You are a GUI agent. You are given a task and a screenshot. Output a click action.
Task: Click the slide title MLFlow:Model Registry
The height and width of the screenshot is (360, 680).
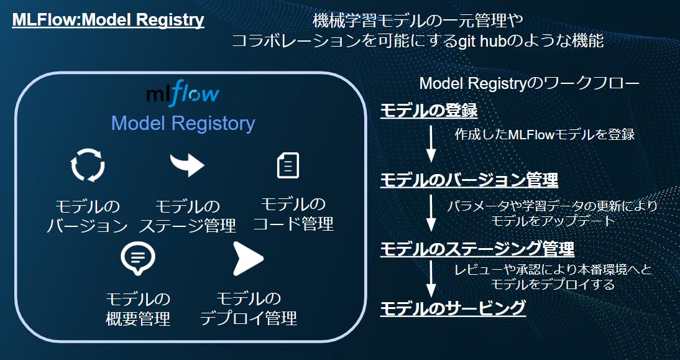click(108, 20)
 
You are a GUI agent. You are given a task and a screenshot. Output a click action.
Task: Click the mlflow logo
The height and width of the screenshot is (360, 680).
click(183, 95)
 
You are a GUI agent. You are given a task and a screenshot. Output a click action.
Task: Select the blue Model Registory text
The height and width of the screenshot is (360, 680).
click(183, 124)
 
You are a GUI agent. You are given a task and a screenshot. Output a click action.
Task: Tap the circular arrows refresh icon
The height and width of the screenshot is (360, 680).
click(88, 165)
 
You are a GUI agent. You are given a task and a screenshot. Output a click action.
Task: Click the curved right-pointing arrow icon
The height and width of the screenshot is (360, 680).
click(187, 164)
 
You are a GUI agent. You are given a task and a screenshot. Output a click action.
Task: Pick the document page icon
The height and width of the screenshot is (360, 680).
click(288, 165)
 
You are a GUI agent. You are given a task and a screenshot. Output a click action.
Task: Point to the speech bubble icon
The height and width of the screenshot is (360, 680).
click(138, 259)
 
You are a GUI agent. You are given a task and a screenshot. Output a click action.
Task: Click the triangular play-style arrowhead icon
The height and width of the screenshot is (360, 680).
click(248, 259)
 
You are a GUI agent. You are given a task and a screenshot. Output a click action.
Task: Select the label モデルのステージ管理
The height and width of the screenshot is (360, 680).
click(187, 216)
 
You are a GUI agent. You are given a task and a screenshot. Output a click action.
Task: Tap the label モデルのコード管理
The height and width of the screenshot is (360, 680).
click(293, 215)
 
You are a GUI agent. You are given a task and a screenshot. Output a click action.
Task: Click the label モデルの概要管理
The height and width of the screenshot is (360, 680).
click(139, 309)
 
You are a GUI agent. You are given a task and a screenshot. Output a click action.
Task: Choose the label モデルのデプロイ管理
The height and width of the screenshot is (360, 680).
click(249, 308)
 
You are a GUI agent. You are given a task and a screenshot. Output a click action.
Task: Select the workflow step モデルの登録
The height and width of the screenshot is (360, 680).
click(429, 111)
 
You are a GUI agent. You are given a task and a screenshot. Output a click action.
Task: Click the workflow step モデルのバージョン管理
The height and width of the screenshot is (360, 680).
click(469, 180)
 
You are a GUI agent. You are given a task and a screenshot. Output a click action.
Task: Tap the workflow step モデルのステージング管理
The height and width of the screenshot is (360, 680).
click(477, 249)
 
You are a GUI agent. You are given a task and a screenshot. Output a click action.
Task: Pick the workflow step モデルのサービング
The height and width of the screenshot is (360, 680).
click(453, 308)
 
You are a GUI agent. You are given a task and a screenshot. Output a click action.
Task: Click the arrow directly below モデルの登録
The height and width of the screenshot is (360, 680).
click(431, 144)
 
